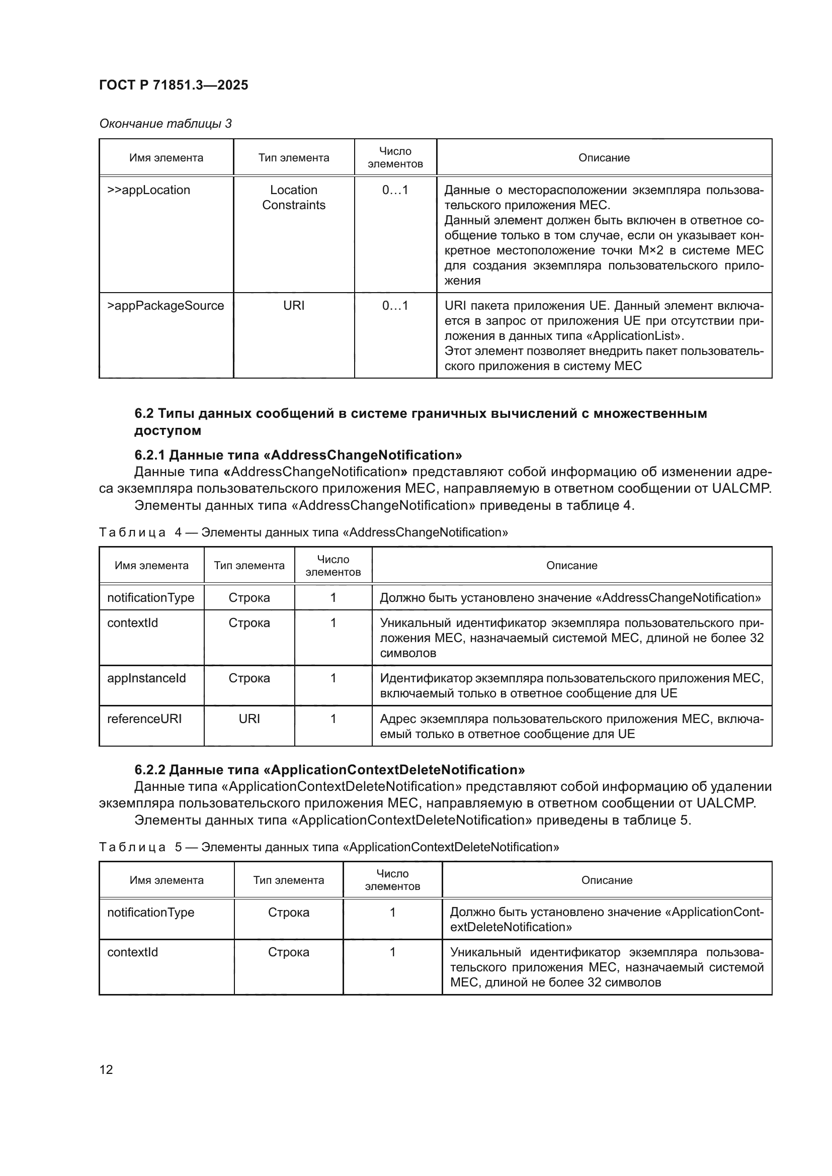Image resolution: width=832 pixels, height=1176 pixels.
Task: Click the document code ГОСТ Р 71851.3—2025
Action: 173,85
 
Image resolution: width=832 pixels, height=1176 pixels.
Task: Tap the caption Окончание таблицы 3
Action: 165,124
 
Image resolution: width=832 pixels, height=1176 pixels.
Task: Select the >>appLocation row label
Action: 148,190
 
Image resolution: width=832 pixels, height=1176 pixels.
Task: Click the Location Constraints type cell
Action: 294,198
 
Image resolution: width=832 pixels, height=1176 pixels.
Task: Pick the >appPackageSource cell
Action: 165,306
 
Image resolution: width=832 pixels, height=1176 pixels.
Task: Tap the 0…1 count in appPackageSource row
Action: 395,306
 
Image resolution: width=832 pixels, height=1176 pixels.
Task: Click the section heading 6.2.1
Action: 298,455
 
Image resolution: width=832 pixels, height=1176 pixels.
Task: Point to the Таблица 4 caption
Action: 303,532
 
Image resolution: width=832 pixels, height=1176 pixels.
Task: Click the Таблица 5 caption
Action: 329,847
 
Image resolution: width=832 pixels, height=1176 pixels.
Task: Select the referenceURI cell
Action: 144,718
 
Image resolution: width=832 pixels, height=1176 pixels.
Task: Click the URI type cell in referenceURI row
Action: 249,718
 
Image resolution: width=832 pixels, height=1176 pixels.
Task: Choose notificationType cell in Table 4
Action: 150,598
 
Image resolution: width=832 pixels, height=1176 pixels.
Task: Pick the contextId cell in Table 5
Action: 133,952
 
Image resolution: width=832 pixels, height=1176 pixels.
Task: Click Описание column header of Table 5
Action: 607,880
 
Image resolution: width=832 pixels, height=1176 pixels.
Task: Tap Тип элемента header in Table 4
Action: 249,566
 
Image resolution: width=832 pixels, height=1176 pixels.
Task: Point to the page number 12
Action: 106,1069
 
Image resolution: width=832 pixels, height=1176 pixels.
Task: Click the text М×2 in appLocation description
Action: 650,250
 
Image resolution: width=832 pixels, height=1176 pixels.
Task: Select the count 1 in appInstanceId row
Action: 333,678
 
